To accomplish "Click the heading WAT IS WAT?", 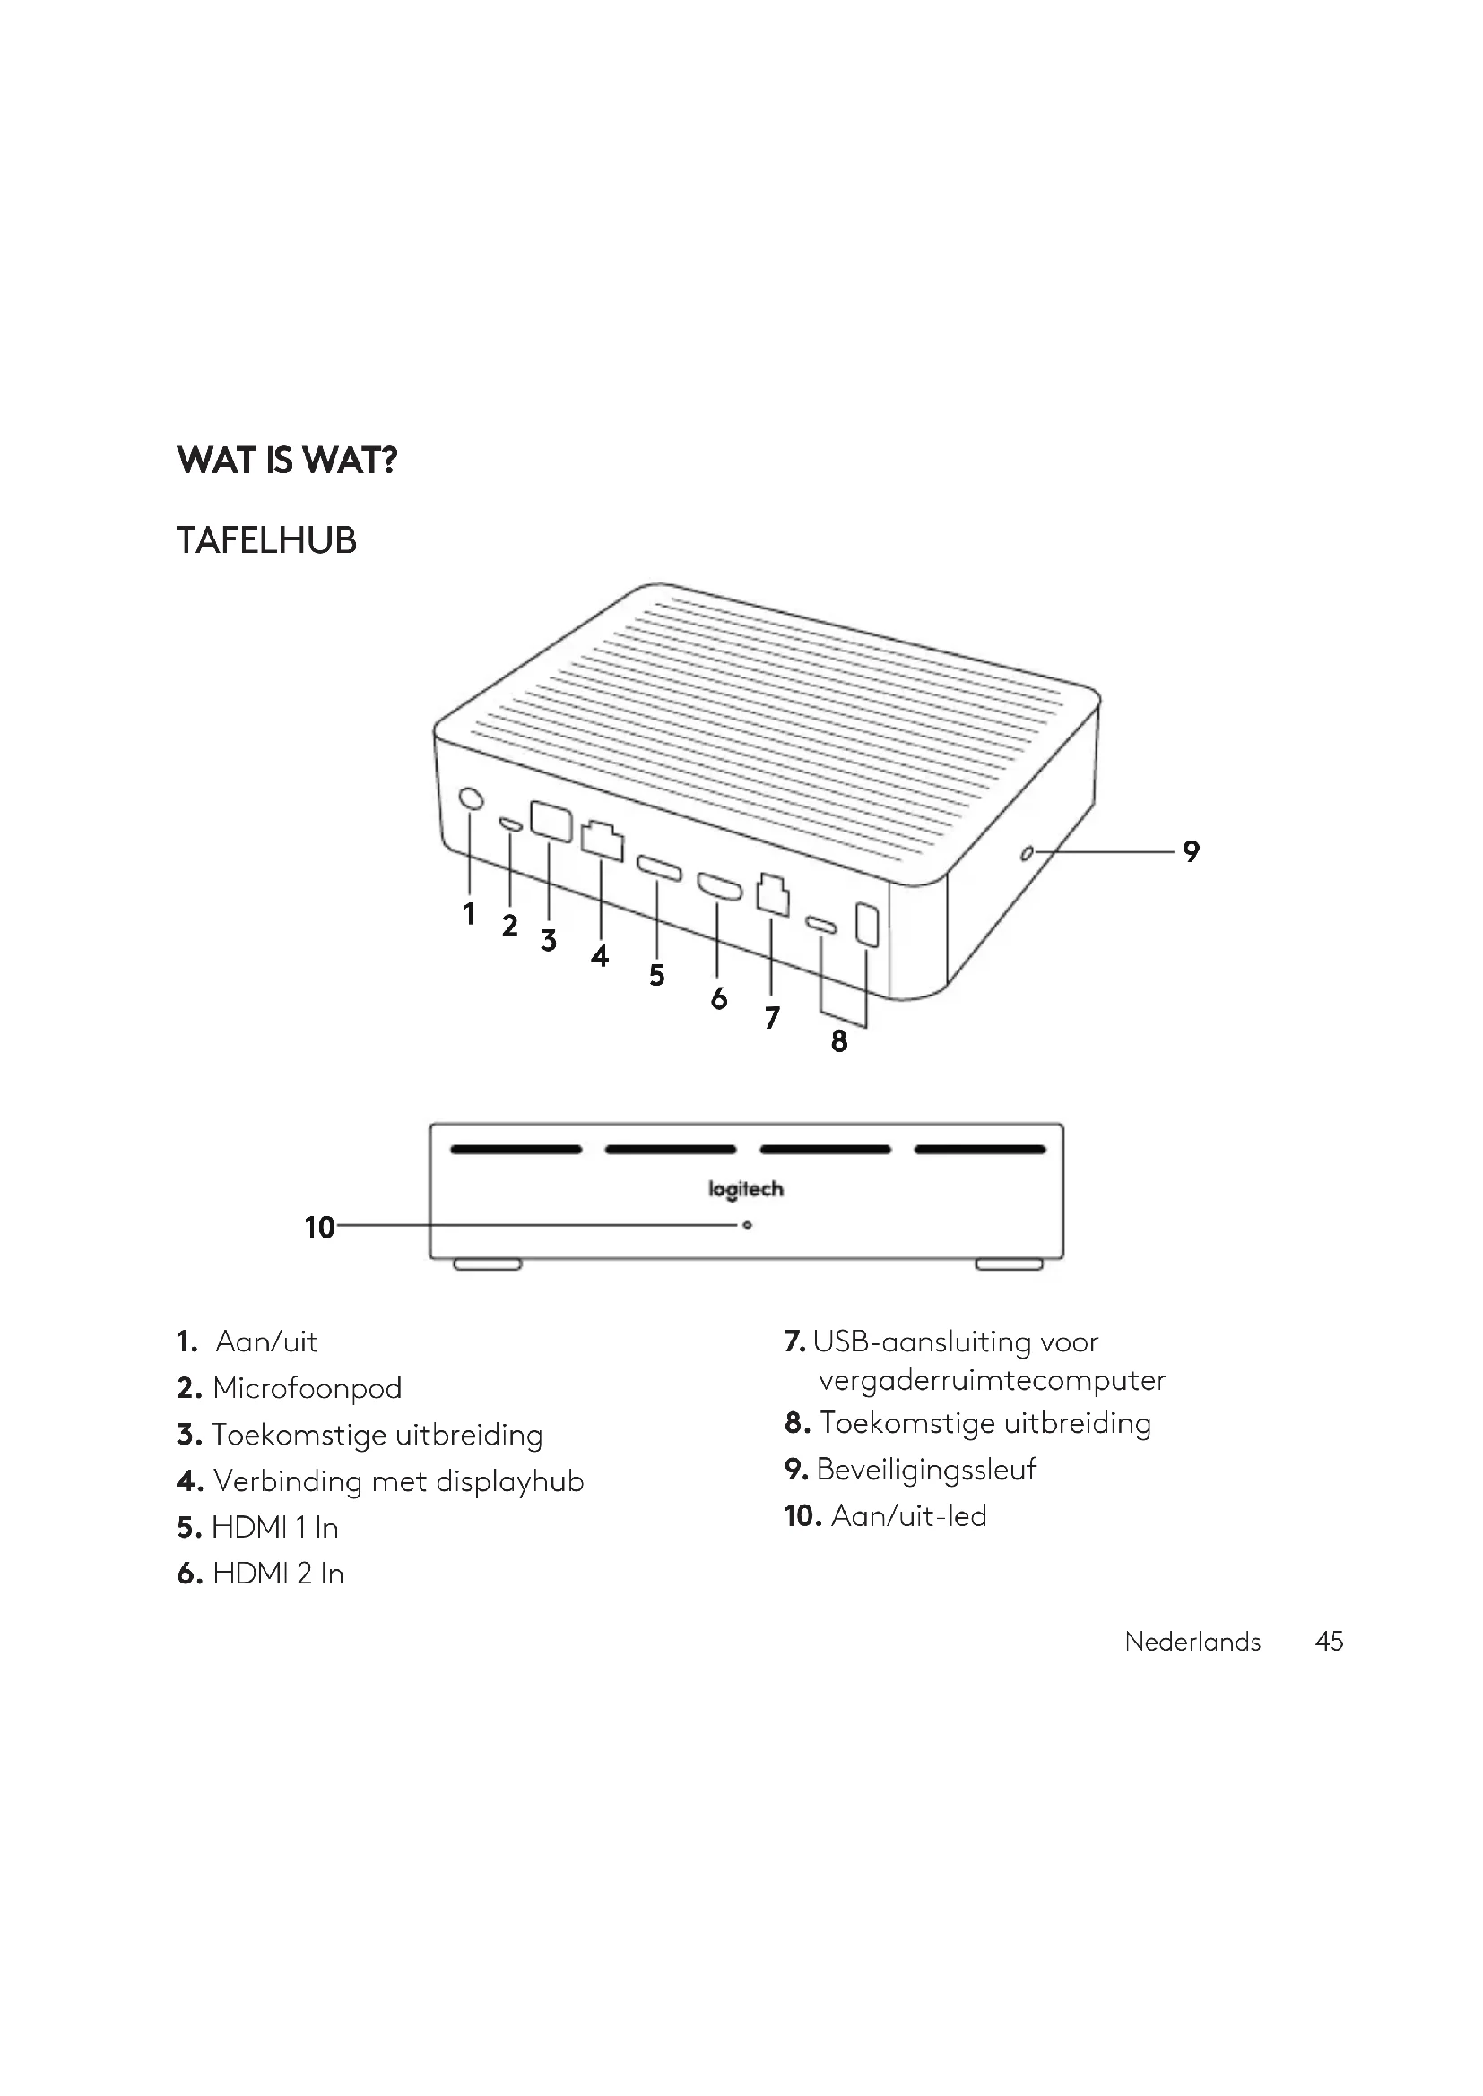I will (x=287, y=460).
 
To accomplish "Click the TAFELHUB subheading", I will (x=265, y=540).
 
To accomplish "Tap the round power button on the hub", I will (x=471, y=798).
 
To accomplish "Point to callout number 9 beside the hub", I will (x=1191, y=850).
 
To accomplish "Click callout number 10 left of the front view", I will (x=319, y=1227).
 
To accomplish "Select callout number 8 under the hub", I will (x=839, y=1040).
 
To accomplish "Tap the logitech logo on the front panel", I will (x=746, y=1188).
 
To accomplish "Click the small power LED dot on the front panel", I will (x=747, y=1225).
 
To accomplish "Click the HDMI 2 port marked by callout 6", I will (x=720, y=886).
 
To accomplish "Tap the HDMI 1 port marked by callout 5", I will (x=658, y=867).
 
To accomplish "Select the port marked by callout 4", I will (x=602, y=840).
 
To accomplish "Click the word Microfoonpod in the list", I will (x=307, y=1388).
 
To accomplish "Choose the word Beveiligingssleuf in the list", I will (x=926, y=1470).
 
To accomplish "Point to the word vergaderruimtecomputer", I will (x=992, y=1380).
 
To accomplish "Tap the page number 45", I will (x=1329, y=1642).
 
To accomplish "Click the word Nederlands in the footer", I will (x=1192, y=1642).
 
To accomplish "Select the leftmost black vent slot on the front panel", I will (x=516, y=1150).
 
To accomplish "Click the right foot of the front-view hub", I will (x=1009, y=1264).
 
